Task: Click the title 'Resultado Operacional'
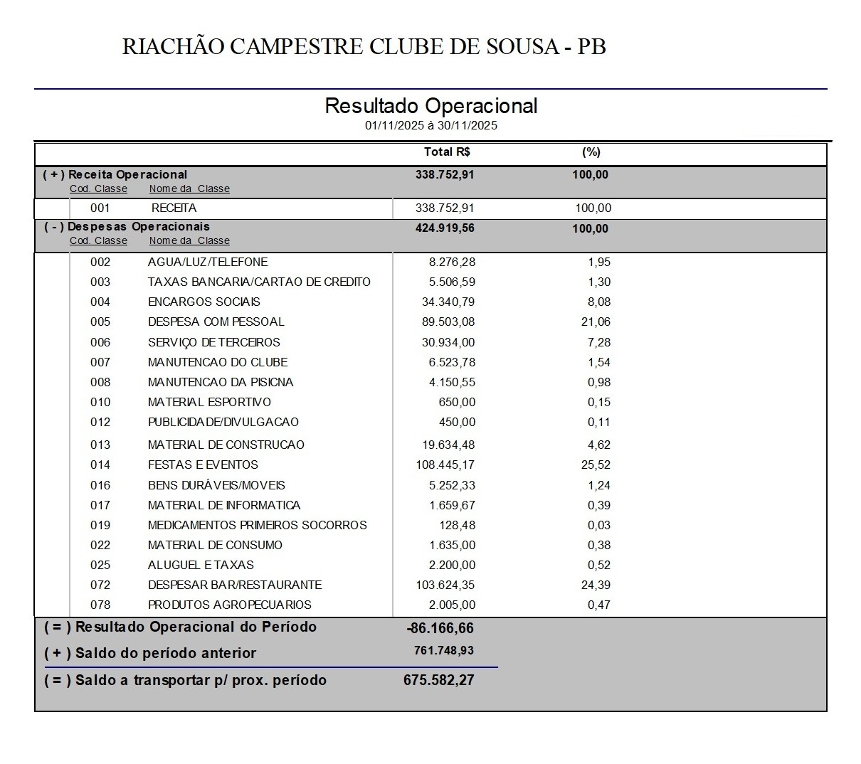click(431, 106)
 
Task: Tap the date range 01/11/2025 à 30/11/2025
click(431, 126)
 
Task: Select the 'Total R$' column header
click(447, 152)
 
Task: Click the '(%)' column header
click(591, 152)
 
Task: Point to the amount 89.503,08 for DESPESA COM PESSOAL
click(448, 322)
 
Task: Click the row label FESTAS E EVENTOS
click(203, 465)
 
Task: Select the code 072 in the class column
click(100, 585)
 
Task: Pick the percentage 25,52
click(596, 465)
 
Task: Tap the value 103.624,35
click(445, 585)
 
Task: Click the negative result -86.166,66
click(440, 628)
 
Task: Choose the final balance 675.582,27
click(438, 680)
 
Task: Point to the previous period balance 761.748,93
click(444, 651)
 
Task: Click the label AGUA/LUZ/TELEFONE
click(208, 262)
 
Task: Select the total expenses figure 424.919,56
click(445, 228)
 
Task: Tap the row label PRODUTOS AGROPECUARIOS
click(230, 605)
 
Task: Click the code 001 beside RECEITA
click(100, 208)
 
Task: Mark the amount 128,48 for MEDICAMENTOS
click(457, 526)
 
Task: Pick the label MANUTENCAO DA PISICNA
click(221, 383)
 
